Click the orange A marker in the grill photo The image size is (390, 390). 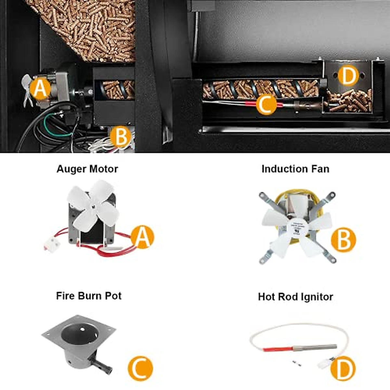(40, 89)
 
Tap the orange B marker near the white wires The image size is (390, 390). (121, 137)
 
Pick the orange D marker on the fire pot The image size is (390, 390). (348, 76)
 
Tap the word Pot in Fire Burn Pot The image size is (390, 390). (113, 296)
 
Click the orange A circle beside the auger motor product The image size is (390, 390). (142, 237)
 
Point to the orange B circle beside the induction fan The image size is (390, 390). (343, 240)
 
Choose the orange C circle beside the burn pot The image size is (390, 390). (140, 368)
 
